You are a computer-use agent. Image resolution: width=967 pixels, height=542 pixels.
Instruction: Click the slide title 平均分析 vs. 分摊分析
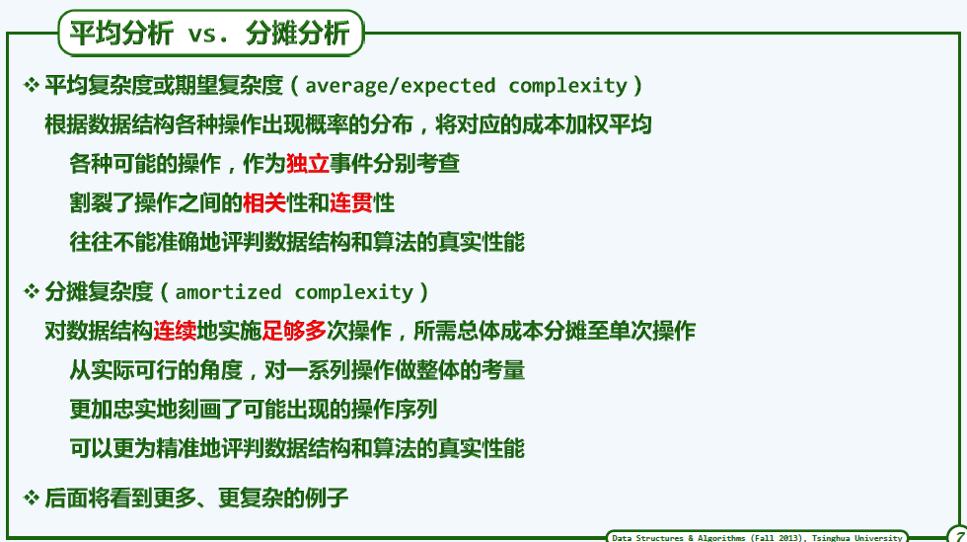coord(209,33)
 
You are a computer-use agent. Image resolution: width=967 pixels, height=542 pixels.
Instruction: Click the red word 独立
coord(307,164)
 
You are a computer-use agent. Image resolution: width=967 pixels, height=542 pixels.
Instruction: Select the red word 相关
coord(264,202)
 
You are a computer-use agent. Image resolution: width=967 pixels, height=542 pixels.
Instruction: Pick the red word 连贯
coord(351,202)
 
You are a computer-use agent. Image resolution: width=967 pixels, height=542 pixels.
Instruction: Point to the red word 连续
coord(175,331)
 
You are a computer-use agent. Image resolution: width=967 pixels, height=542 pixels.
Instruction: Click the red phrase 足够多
coord(294,331)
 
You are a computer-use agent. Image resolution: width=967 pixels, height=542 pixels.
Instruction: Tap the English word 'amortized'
coord(228,292)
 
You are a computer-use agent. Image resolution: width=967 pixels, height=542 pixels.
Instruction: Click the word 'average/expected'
coord(401,86)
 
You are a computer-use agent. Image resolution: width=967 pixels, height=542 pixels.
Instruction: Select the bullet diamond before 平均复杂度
coord(31,85)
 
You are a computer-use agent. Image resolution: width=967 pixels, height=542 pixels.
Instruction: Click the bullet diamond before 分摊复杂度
coord(31,291)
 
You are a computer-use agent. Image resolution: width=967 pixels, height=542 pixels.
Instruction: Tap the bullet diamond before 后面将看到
coord(31,497)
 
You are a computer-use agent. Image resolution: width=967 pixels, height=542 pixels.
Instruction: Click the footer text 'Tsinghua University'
coord(856,538)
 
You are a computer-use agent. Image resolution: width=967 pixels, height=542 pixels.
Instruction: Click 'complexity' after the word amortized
coord(354,292)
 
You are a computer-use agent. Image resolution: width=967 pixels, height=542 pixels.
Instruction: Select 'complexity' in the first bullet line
coord(567,87)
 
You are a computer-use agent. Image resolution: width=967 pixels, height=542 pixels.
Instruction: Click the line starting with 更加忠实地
coord(254,410)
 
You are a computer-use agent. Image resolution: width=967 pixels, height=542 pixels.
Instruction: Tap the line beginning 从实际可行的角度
coord(297,370)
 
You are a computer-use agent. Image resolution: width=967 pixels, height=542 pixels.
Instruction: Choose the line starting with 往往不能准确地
coord(297,242)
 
